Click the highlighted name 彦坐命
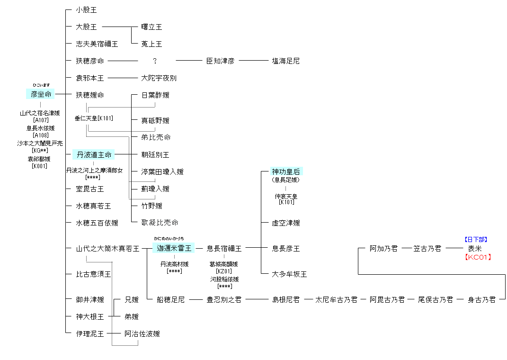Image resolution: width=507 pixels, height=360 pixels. (41, 95)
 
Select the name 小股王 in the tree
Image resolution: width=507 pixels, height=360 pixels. (86, 10)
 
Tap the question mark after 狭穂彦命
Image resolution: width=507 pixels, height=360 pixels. (155, 61)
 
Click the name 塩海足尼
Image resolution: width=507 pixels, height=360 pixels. (285, 61)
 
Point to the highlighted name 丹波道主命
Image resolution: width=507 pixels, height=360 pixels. (94, 155)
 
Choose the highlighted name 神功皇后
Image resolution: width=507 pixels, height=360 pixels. (285, 171)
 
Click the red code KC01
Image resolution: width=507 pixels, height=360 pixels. (478, 257)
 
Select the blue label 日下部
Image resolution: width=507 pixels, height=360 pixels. (475, 240)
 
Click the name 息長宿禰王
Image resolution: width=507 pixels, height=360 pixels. (224, 249)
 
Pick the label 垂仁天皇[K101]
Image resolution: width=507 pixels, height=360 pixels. (94, 118)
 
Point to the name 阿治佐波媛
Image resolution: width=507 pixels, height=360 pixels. (142, 334)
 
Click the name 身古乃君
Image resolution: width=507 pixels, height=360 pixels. (481, 300)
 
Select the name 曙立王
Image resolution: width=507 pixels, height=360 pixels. (151, 27)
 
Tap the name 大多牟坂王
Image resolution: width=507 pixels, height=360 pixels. (289, 274)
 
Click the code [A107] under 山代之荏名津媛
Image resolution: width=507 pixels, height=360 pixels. (41, 120)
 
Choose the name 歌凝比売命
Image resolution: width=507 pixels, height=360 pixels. (160, 223)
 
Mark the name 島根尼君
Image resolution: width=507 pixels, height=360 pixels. (285, 300)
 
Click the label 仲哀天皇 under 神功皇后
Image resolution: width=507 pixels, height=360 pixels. (285, 196)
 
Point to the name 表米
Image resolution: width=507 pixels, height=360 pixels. (474, 249)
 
